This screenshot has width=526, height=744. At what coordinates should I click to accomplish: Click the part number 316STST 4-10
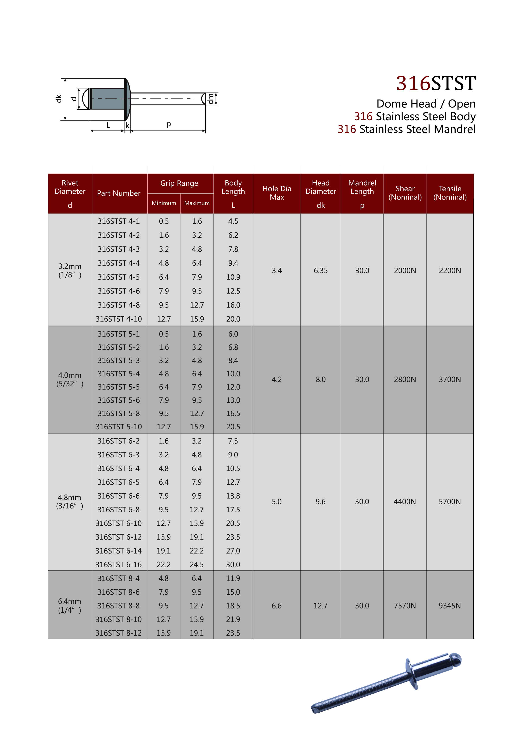pyautogui.click(x=119, y=319)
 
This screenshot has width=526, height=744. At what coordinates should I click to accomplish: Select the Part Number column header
pyautogui.click(x=119, y=193)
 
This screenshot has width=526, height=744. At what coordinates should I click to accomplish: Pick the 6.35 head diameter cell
pyautogui.click(x=320, y=271)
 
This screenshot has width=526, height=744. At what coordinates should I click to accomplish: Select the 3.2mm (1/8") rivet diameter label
pyautogui.click(x=70, y=271)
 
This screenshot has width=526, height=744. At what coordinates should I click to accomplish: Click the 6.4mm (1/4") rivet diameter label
pyautogui.click(x=70, y=606)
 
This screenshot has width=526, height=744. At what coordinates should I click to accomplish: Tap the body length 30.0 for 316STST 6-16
pyautogui.click(x=233, y=565)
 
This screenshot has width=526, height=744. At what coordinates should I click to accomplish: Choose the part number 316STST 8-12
pyautogui.click(x=119, y=633)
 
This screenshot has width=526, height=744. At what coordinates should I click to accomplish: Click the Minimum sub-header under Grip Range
pyautogui.click(x=164, y=203)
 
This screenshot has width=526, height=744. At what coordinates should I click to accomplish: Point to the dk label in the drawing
pyautogui.click(x=59, y=99)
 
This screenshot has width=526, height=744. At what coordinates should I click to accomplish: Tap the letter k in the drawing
pyautogui.click(x=128, y=125)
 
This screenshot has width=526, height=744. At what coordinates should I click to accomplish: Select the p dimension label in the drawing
pyautogui.click(x=169, y=124)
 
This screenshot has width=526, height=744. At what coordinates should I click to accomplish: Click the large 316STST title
pyautogui.click(x=436, y=83)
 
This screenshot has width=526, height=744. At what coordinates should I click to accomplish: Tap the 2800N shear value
pyautogui.click(x=405, y=379)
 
